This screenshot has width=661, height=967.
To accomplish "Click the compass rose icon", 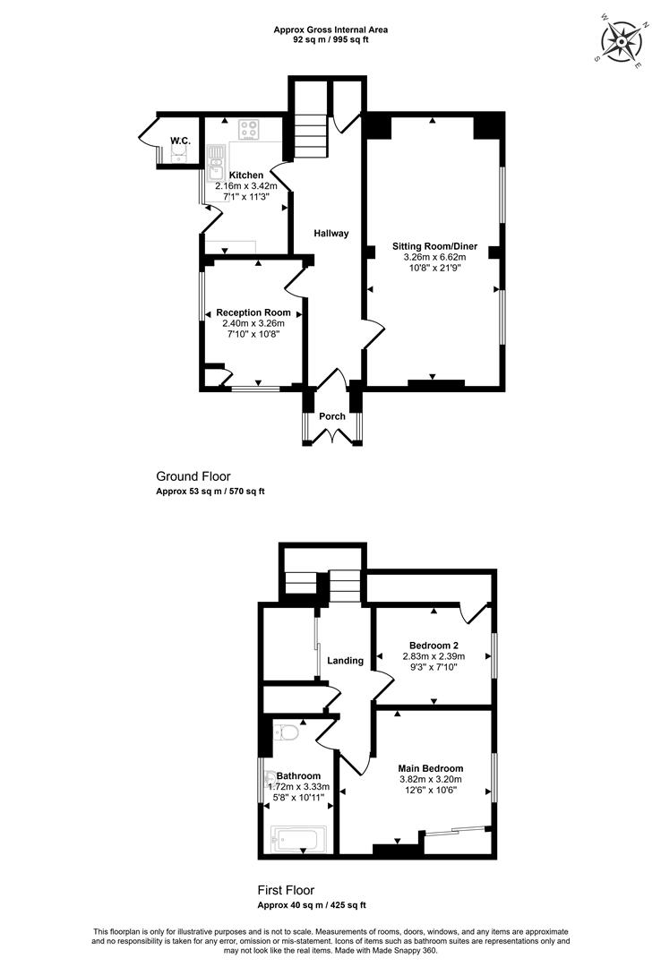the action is (622, 41).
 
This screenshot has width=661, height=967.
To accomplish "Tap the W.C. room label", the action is (180, 141).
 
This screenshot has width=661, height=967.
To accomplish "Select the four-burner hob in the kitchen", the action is (249, 129).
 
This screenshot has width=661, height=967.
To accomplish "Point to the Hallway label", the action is (330, 233).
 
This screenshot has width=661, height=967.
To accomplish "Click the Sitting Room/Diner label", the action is (434, 246).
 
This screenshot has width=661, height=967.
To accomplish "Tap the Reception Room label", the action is (253, 312).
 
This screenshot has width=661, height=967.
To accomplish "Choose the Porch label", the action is (332, 416).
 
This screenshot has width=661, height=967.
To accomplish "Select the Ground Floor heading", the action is (193, 476).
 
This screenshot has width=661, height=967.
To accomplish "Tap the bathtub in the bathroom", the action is (295, 839).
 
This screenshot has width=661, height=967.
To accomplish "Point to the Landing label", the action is (345, 661).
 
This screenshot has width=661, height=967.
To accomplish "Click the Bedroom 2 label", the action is (434, 646).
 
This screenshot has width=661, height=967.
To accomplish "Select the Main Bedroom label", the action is (430, 768).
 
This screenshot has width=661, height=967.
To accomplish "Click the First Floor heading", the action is (286, 890).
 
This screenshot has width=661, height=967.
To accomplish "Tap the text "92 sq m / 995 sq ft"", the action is (330, 39).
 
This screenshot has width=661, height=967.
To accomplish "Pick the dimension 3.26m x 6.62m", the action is (434, 257).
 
